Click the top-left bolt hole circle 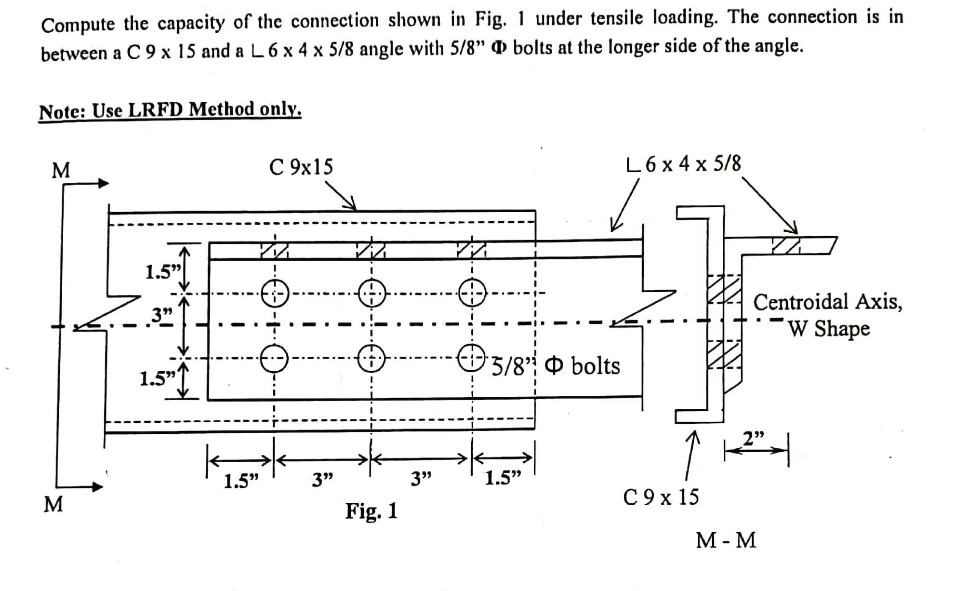click(275, 293)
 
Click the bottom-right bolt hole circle click(472, 358)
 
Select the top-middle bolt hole click(372, 293)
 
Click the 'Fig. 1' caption click(371, 510)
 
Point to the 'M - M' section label click(726, 540)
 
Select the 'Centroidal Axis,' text click(827, 302)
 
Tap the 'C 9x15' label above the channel click(301, 167)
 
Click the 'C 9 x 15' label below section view click(661, 497)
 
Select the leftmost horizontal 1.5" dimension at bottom click(241, 481)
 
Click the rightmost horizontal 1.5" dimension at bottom click(503, 478)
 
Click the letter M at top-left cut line click(61, 170)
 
